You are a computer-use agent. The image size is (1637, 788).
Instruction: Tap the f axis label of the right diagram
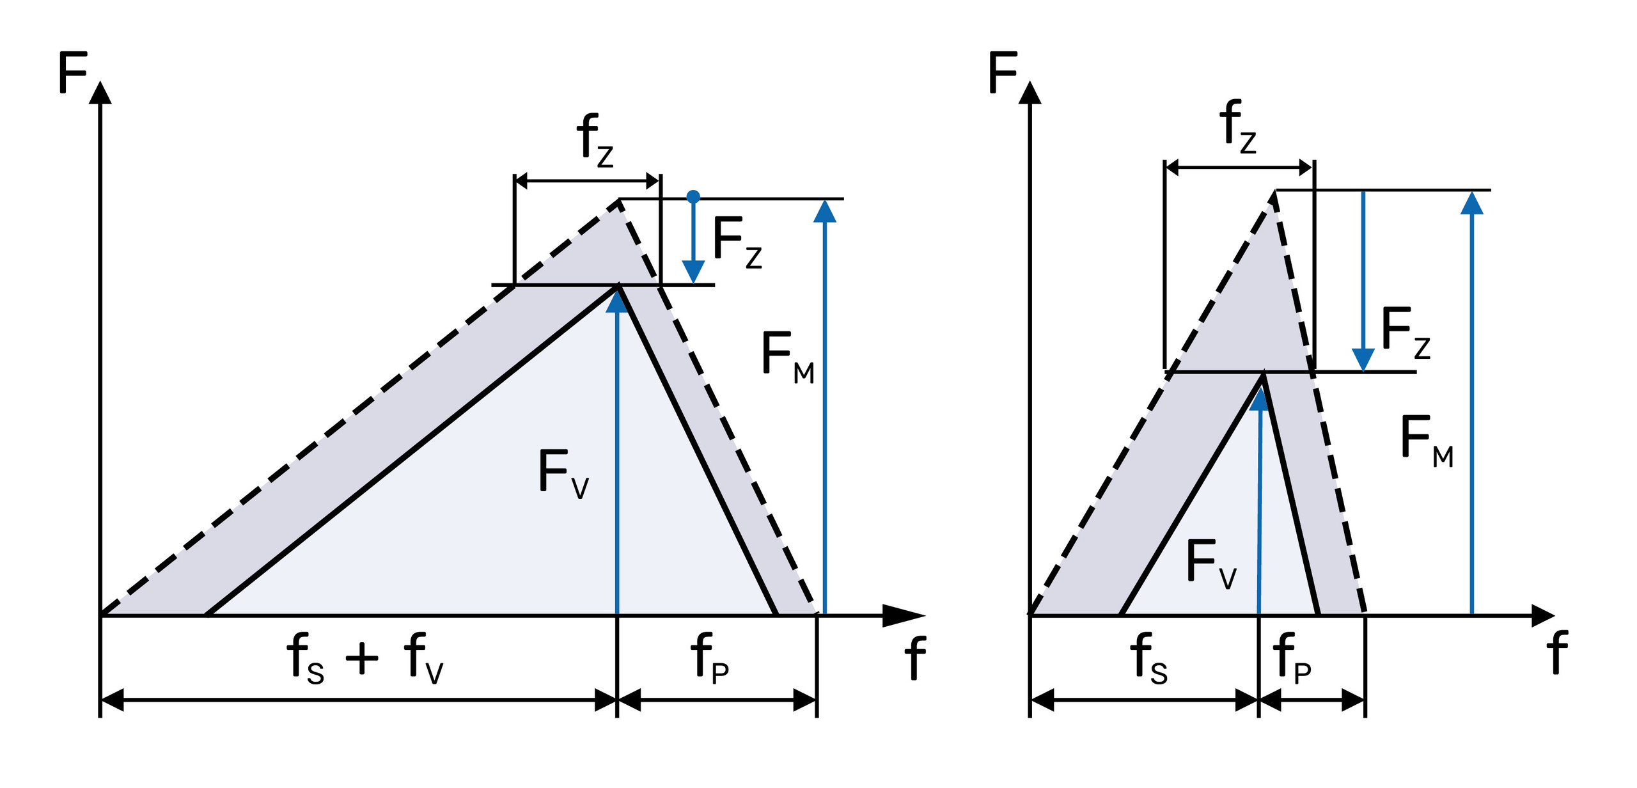tap(1557, 652)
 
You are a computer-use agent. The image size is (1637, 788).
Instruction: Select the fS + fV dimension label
tap(364, 659)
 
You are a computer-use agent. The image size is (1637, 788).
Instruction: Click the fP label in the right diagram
tap(1292, 659)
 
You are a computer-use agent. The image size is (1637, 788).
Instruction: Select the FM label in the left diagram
tap(787, 358)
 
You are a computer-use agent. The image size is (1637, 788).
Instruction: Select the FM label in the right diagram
tap(1427, 441)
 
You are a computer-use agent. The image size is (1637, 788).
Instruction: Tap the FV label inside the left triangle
tap(563, 473)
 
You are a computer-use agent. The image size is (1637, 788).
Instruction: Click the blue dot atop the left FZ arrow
tap(693, 196)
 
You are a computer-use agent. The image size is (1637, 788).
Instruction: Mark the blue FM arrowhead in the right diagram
tap(1472, 203)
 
